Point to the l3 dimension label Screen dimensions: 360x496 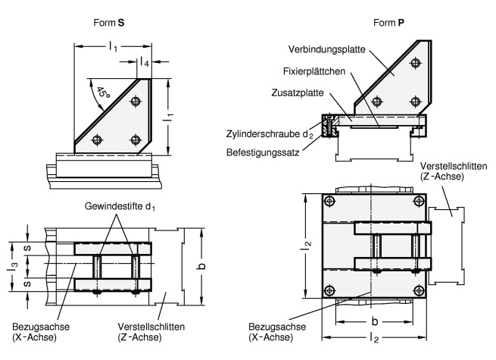click(14, 265)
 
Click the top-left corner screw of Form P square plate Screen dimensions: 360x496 click(330, 200)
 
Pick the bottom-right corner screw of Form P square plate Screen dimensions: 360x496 click(420, 291)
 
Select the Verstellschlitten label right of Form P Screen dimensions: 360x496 click(448, 168)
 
